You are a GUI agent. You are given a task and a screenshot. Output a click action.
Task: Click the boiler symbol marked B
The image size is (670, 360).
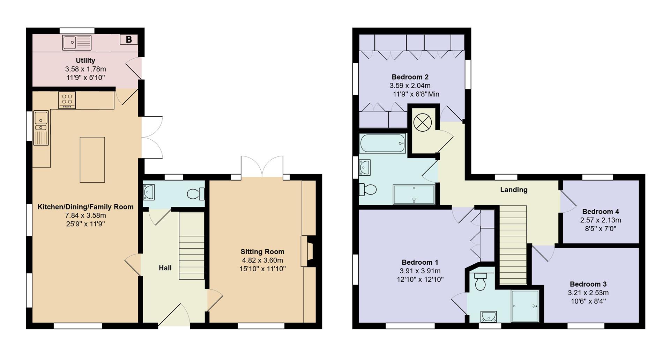tap(129, 39)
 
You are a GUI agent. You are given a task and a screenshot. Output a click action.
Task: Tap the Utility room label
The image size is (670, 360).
tap(85, 60)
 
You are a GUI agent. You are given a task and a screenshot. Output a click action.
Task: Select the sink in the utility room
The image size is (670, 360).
tap(77, 43)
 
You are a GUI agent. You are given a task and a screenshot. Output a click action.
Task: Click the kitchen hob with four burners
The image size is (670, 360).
tap(67, 100)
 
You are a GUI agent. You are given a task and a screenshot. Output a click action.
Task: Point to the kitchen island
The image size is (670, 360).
tap(92, 160)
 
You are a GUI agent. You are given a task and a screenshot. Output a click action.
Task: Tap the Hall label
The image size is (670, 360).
tap(165, 268)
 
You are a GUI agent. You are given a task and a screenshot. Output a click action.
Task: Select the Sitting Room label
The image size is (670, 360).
tap(262, 251)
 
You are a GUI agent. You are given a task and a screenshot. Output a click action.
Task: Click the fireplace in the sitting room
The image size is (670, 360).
tap(308, 251)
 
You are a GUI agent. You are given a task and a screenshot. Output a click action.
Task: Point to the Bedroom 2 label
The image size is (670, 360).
tap(410, 77)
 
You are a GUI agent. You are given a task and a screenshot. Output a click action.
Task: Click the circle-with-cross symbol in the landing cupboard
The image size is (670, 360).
tap(423, 122)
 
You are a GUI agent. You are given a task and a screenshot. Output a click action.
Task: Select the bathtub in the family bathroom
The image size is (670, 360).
tap(382, 143)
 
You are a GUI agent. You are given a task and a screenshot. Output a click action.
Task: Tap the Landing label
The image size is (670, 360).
tap(514, 190)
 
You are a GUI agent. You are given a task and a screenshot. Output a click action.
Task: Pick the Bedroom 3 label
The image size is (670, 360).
tap(588, 284)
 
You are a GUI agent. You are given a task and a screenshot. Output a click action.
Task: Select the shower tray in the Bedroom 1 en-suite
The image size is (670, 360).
tap(525, 306)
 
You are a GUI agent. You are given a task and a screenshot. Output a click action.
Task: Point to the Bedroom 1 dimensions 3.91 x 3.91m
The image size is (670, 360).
tap(420, 271)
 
